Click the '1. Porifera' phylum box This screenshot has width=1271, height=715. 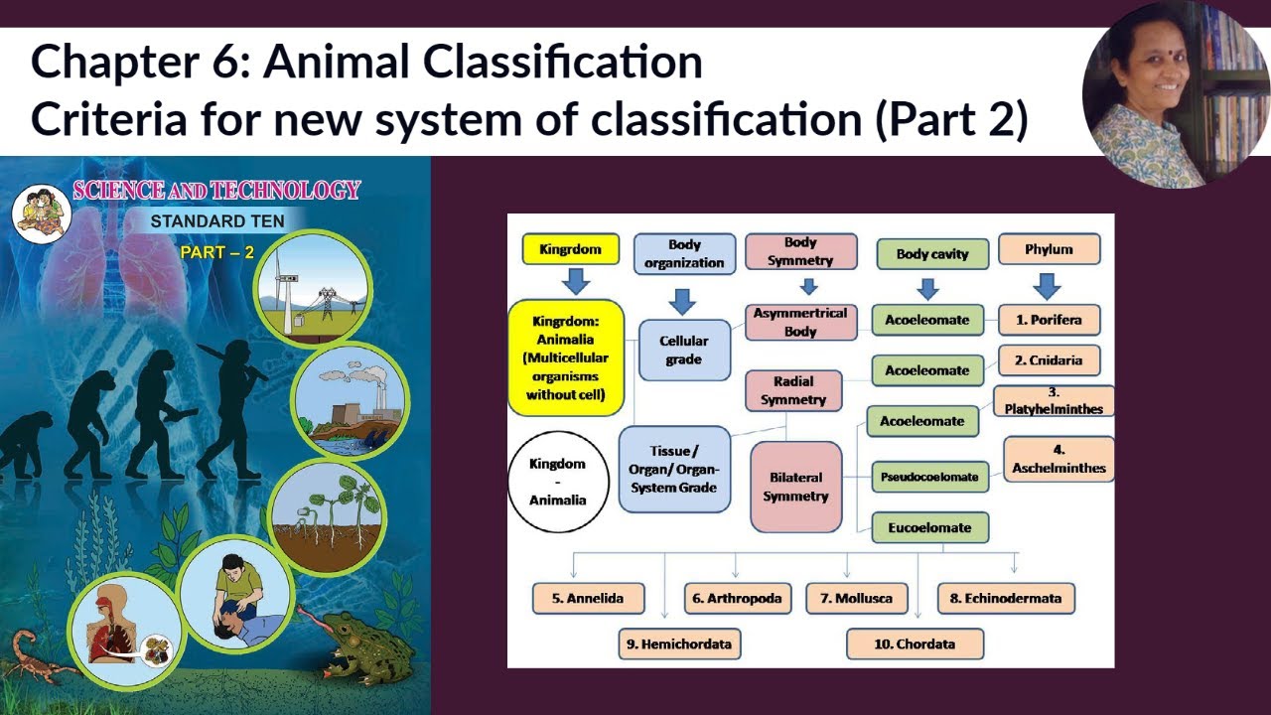point(1050,320)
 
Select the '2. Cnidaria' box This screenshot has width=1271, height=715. point(1049,360)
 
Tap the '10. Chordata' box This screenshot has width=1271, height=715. point(915,643)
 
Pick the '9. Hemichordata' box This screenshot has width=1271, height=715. point(679,643)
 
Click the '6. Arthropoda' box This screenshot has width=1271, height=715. point(737,598)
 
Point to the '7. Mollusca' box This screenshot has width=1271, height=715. point(856,598)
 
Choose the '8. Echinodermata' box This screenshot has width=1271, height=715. point(1005,598)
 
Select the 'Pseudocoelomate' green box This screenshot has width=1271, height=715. point(929,477)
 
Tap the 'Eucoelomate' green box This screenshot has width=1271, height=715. point(929,527)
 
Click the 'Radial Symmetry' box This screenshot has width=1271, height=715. point(793,390)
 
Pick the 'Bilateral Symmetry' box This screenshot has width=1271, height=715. point(795,487)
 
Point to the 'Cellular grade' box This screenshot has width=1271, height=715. point(683,350)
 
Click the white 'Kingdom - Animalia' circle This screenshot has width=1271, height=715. point(557,482)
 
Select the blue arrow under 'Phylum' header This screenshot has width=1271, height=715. point(1047,286)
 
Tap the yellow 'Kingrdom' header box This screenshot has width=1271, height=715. point(570,249)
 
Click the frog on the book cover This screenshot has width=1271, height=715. point(368,650)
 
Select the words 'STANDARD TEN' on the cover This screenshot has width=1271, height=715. point(216,220)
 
